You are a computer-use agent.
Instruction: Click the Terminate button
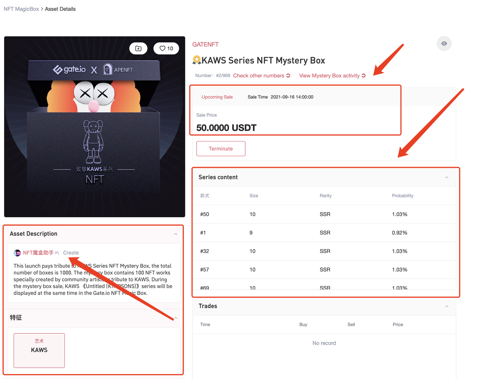point(221,149)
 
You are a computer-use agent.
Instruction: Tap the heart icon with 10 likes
point(166,48)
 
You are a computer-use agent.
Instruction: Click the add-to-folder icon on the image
point(138,48)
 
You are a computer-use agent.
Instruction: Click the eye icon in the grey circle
point(444,43)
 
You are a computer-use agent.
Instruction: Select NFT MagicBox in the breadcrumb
point(21,9)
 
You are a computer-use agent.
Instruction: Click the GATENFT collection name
point(205,44)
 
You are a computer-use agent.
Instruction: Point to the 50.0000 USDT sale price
point(226,128)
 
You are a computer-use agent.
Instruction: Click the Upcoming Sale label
point(217,97)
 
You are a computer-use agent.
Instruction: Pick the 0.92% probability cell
point(399,233)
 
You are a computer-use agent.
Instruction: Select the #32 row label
point(205,251)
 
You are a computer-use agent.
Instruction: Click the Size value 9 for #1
point(251,233)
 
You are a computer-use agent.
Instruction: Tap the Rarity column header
point(325,196)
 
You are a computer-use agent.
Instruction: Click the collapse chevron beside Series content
point(447,177)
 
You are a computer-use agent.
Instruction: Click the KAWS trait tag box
point(39,350)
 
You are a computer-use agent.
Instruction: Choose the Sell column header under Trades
point(351,324)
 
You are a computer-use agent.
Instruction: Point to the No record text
point(324,343)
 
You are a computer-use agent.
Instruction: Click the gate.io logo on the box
point(69,70)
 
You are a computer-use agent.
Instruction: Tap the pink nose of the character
point(94,107)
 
